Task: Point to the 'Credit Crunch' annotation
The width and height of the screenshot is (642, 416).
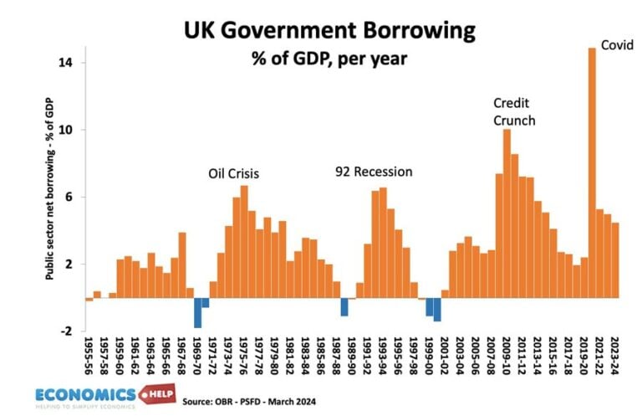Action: click(514, 111)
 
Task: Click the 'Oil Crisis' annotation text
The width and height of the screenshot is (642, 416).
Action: click(233, 174)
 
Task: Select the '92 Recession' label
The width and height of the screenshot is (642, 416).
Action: click(374, 172)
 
